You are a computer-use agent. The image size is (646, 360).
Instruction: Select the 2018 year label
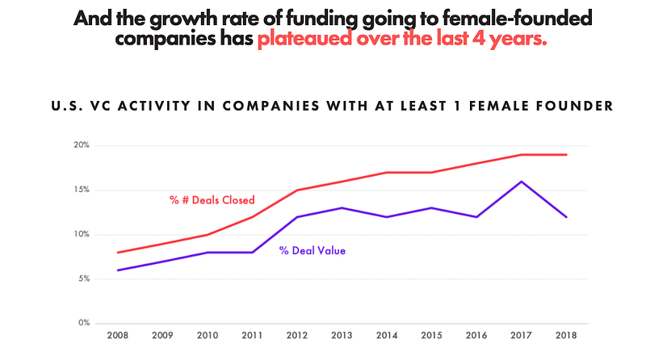(x=565, y=335)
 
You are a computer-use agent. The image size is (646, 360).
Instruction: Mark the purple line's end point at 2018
(x=566, y=217)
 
